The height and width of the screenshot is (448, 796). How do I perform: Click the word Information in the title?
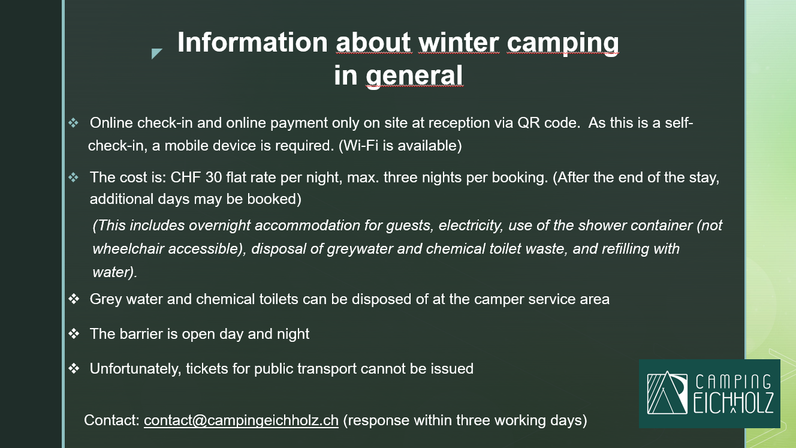tap(252, 43)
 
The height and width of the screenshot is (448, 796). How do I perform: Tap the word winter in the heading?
tap(459, 43)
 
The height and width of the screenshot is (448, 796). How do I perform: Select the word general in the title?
tap(414, 76)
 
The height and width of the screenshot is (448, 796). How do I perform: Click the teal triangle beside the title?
tap(156, 53)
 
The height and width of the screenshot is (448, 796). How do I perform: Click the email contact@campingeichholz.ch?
tap(241, 420)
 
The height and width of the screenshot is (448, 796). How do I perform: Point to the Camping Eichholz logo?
tap(709, 393)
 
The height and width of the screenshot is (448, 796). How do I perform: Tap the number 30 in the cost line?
tap(213, 177)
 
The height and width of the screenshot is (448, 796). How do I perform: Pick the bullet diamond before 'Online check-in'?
tap(74, 123)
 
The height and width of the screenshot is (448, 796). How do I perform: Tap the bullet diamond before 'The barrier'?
tap(74, 334)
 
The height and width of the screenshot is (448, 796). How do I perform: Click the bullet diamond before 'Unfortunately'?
tap(74, 369)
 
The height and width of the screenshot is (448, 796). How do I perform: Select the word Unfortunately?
tap(135, 369)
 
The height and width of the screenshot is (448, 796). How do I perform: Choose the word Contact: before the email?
tap(112, 420)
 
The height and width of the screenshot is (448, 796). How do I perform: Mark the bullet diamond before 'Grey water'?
tap(74, 299)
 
